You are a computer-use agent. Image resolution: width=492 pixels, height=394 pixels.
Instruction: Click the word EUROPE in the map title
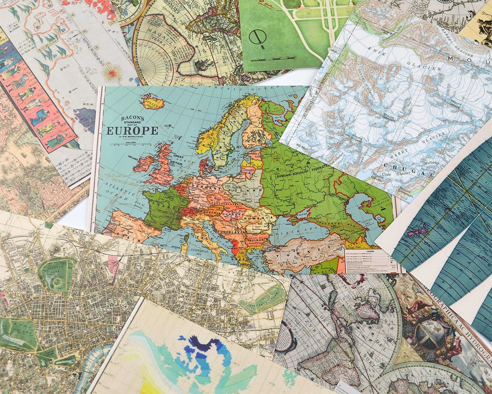click(132, 131)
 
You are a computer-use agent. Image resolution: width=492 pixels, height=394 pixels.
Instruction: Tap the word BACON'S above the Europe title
click(133, 119)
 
